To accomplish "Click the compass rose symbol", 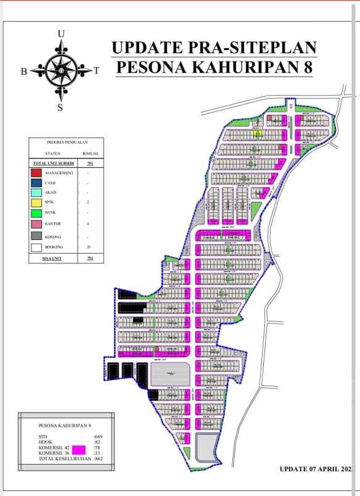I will pos(60,70).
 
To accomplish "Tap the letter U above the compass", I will pos(60,33).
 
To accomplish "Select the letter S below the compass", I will pos(60,107).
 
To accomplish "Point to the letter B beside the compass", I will pos(24,71).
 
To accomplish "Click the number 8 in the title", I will pos(307,67).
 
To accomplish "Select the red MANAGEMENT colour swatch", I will pos(36,173).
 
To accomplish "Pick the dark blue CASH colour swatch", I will pos(36,183).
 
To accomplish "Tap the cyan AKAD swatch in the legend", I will pos(36,192).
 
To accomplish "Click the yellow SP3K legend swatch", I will pos(36,202).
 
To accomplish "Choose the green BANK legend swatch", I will pos(36,213).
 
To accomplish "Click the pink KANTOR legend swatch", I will pos(36,224).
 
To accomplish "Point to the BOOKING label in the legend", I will pos(62,247).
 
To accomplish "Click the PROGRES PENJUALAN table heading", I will pos(67,142).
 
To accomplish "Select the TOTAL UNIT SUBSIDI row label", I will pos(54,163).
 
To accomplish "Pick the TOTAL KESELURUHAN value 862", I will pos(98,459).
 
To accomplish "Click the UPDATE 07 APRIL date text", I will pos(316,469).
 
